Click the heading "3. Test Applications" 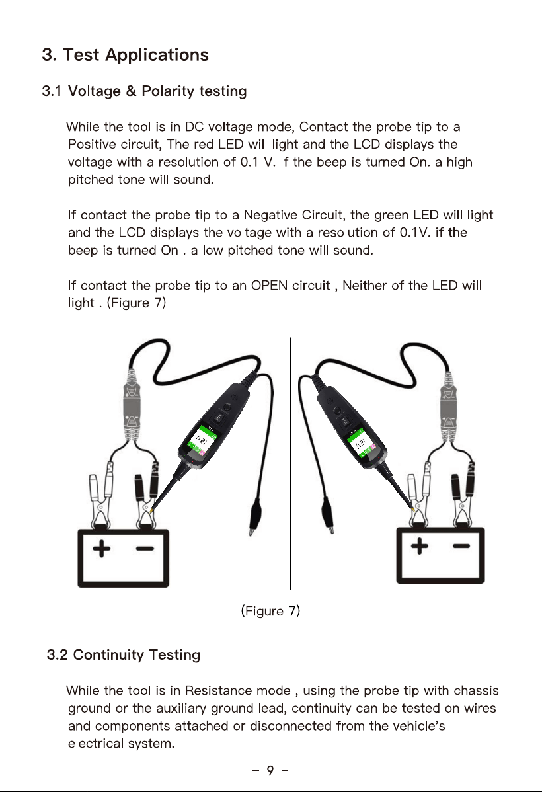(126, 55)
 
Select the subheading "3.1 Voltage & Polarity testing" (145, 91)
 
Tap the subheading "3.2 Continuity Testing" (124, 654)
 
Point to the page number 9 (270, 770)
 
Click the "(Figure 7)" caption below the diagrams (271, 611)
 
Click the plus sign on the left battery (102, 549)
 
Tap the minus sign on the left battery (145, 549)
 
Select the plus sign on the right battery (419, 545)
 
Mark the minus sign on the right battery (461, 545)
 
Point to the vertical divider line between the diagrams (290, 463)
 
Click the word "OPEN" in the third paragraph (269, 286)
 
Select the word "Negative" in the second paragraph (271, 215)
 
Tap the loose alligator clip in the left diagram (255, 516)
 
